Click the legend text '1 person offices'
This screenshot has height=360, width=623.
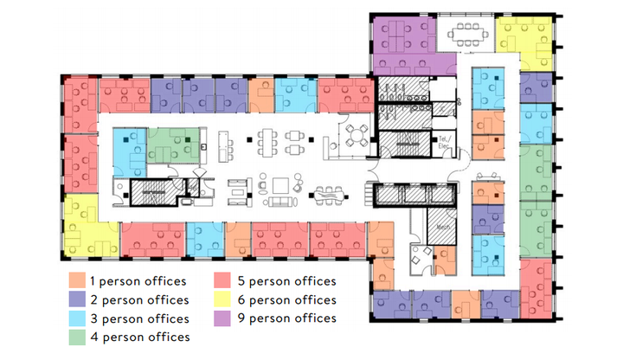coord(139,281)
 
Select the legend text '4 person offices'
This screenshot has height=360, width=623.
coord(139,337)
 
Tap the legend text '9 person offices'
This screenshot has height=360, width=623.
coord(285,318)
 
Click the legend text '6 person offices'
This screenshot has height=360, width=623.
coord(285,300)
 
